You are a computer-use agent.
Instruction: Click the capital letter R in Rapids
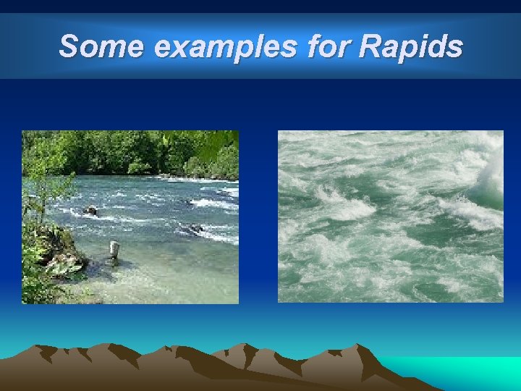click(x=370, y=47)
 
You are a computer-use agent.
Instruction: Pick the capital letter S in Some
click(x=69, y=47)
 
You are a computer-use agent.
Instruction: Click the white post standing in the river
click(x=114, y=250)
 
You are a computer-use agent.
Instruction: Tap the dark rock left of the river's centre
click(x=90, y=211)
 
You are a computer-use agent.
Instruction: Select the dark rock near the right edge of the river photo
click(x=195, y=229)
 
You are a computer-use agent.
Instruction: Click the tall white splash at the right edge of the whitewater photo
click(x=492, y=174)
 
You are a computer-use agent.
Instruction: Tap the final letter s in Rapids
click(x=454, y=47)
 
